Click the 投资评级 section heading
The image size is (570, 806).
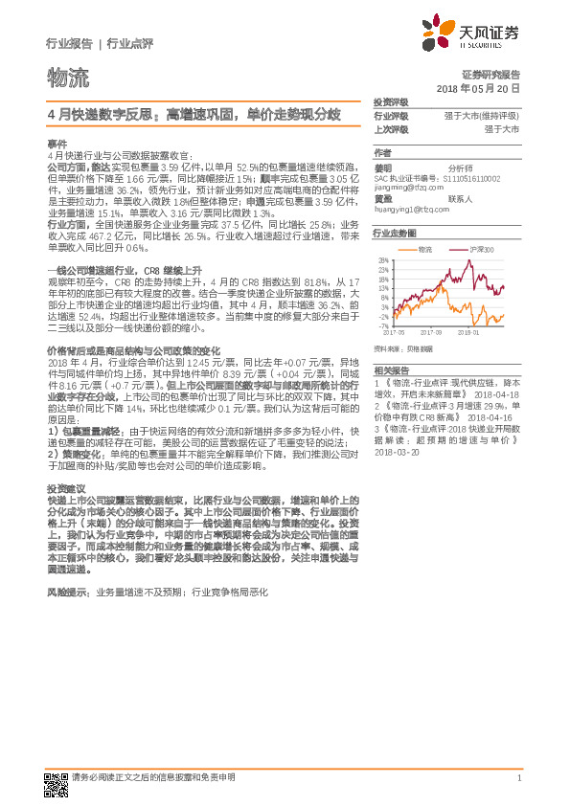391,101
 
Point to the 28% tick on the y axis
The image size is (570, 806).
383,260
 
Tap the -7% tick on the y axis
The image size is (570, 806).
383,326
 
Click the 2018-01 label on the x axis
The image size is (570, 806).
468,334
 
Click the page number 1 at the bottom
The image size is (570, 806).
518,778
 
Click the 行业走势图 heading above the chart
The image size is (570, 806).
395,233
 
